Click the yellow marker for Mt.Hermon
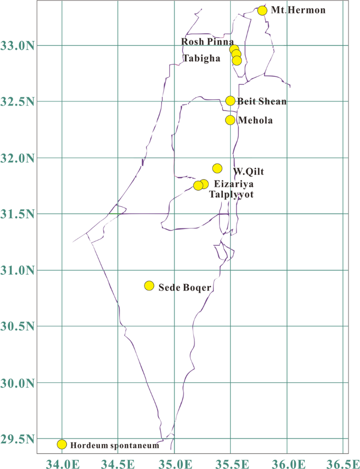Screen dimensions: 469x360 pos(263,11)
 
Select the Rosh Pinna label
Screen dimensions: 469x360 pos(208,41)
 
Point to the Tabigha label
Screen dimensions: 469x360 pos(201,58)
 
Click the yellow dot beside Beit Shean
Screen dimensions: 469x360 pos(230,101)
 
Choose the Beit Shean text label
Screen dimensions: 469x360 pos(262,101)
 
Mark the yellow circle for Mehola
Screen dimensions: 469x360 pos(230,120)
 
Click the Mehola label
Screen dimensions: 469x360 pos(255,120)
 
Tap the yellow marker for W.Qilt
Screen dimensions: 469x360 pos(217,169)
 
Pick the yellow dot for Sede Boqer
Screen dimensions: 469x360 pos(149,286)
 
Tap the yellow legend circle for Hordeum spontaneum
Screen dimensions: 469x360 pos(62,444)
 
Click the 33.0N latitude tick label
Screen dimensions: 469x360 pos(18,46)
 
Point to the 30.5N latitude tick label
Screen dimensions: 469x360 pos(18,327)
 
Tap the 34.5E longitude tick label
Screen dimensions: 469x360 pos(118,463)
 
